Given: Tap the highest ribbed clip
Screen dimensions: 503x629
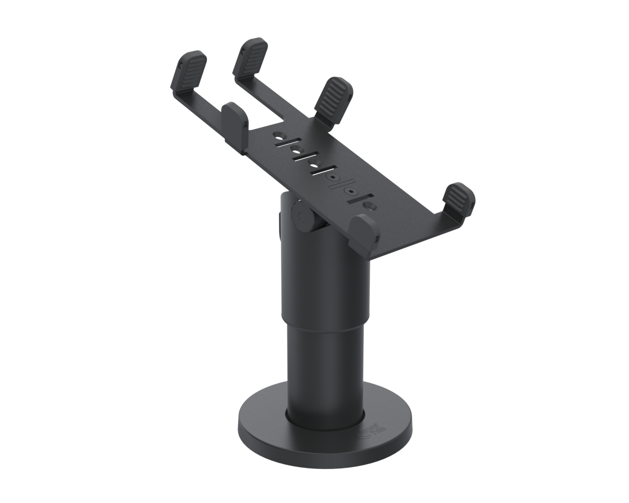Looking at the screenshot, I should (x=252, y=56).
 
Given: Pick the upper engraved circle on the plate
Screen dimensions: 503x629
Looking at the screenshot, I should (x=333, y=177).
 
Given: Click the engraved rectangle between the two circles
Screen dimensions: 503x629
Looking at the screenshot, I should (x=342, y=185).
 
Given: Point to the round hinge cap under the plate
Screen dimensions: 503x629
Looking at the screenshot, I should (x=301, y=216).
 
